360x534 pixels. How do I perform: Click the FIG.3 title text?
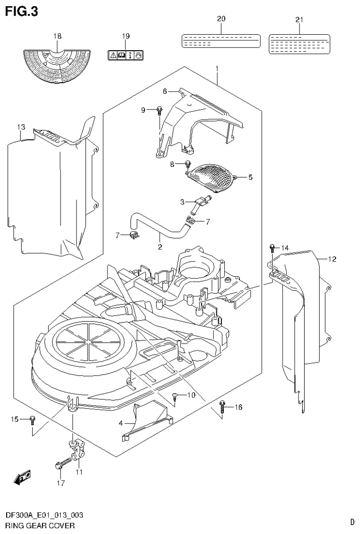tap(21, 10)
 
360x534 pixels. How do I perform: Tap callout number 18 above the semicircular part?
tap(57, 36)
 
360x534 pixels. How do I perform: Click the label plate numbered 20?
tap(221, 41)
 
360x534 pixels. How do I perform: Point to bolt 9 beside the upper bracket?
tap(160, 111)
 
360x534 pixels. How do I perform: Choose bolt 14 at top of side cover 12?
tap(272, 248)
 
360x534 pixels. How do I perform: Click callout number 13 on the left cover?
tap(20, 127)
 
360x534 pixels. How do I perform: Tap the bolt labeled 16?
tap(223, 408)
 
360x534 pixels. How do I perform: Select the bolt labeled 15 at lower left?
tap(32, 419)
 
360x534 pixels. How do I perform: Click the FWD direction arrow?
tap(22, 478)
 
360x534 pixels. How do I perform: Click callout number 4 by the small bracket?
tap(120, 423)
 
